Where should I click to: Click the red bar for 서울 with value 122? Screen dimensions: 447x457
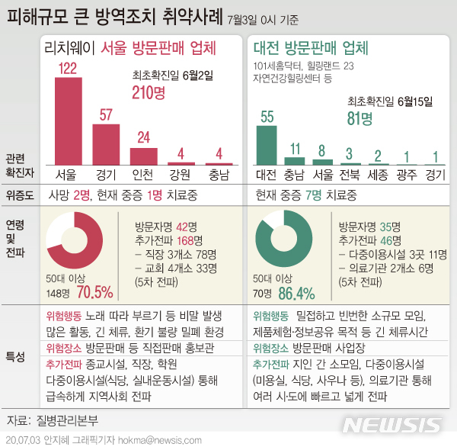67,121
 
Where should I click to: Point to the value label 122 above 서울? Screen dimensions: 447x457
67,69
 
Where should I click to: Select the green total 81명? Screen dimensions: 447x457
360,118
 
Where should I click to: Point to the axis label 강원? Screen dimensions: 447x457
179,174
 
